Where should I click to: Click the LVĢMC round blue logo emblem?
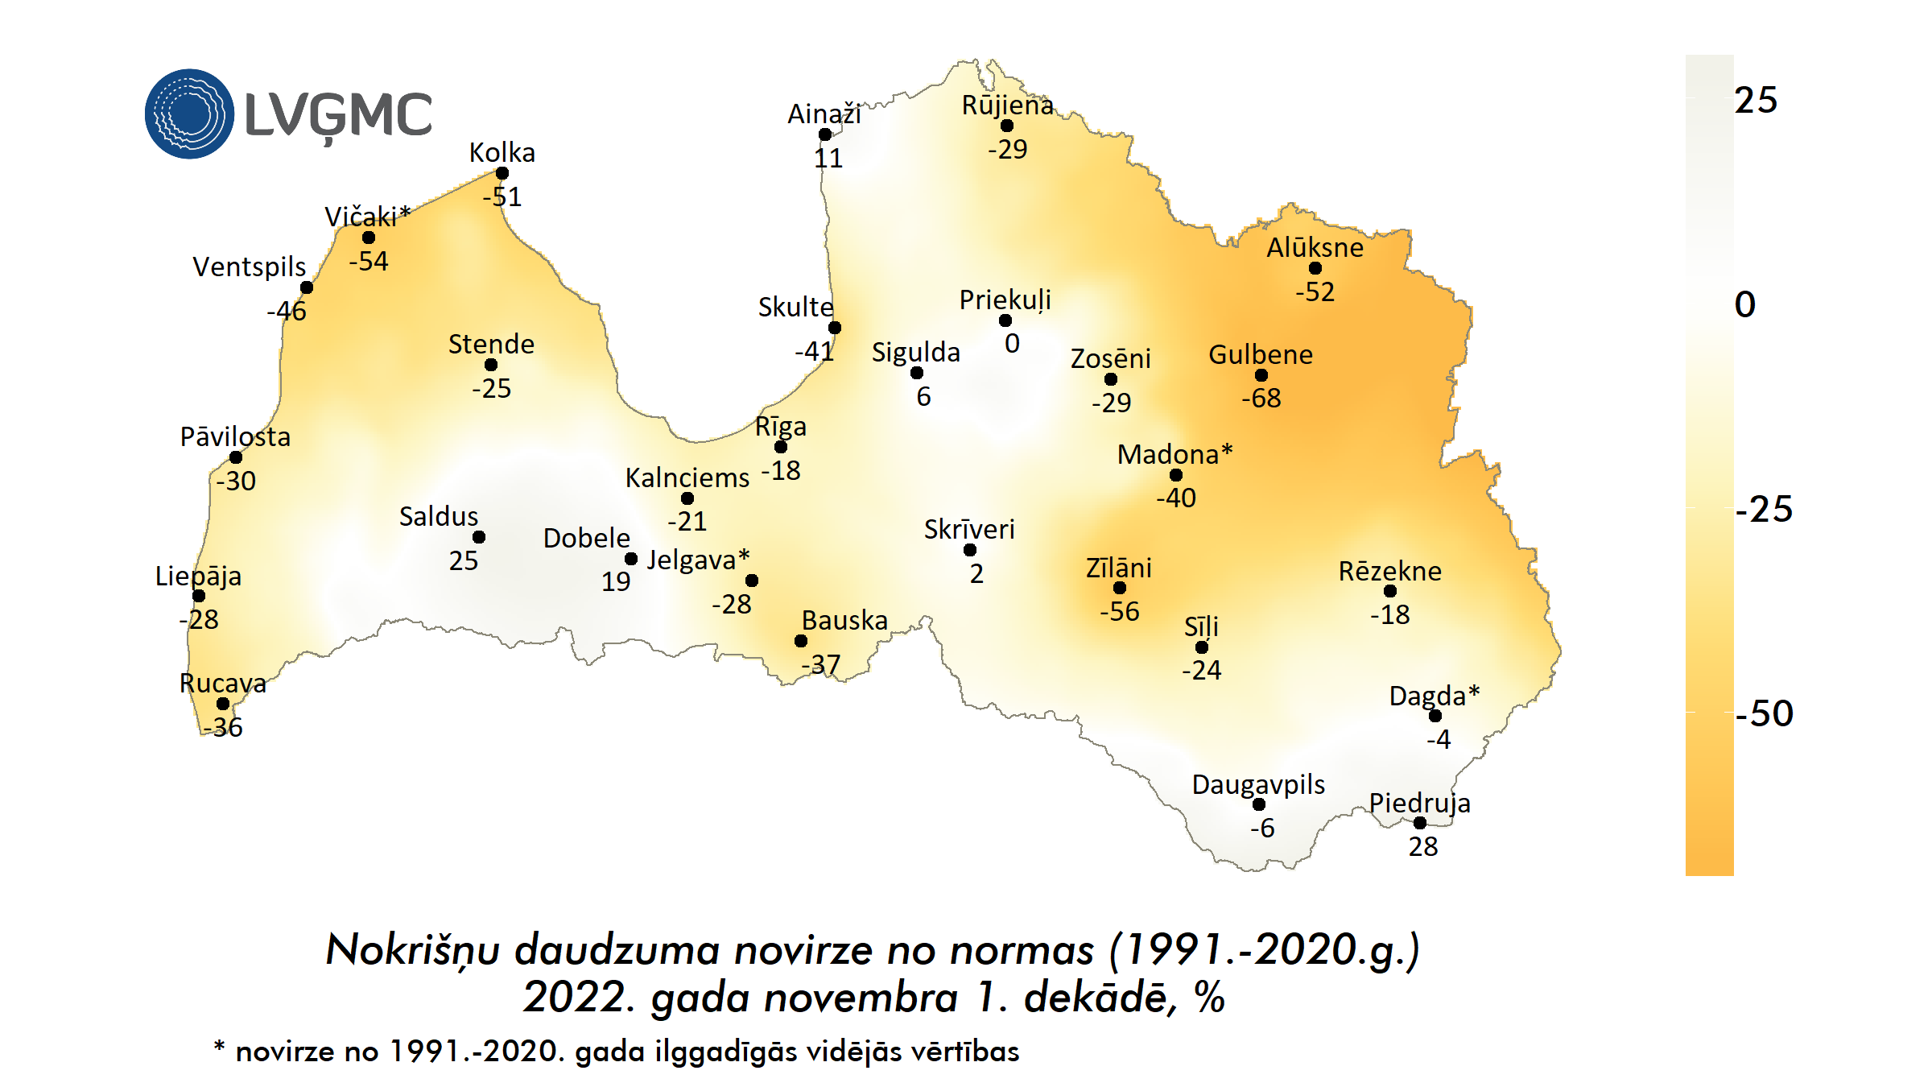pos(189,114)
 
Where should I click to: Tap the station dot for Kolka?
pos(502,173)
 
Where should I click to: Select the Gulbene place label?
pos(1261,354)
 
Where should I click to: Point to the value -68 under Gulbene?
pos(1261,398)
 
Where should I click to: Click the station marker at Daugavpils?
pos(1259,804)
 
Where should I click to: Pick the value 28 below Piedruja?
pos(1422,846)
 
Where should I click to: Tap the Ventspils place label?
pos(250,267)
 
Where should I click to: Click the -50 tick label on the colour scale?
pos(1764,713)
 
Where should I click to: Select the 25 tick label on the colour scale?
pos(1756,101)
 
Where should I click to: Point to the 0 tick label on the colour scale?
pos(1745,304)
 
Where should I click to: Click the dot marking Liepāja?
pos(199,596)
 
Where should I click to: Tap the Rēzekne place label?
pos(1389,571)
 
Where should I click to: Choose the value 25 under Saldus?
pos(464,560)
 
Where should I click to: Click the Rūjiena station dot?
pos(1007,126)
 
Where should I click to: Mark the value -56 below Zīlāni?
pos(1120,611)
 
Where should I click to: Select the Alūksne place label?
pos(1315,247)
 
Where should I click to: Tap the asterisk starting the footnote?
pos(219,1046)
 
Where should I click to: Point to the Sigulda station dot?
pos(917,373)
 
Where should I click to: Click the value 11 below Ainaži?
pos(828,158)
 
